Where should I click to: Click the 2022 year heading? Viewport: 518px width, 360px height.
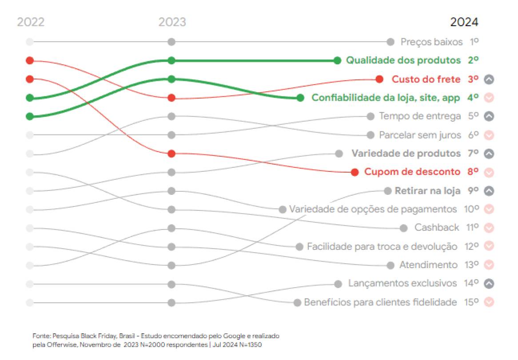click(x=31, y=22)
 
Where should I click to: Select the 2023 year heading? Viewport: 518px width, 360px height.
click(x=172, y=22)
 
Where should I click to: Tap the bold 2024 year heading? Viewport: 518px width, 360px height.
click(x=464, y=22)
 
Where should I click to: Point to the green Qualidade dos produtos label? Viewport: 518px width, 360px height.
click(x=403, y=60)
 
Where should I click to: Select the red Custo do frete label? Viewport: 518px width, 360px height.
click(x=426, y=79)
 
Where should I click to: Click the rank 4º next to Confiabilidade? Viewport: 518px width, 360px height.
click(x=473, y=98)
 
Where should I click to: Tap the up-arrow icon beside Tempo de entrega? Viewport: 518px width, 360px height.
click(x=489, y=116)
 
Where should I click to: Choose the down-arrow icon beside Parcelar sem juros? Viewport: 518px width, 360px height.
click(x=489, y=135)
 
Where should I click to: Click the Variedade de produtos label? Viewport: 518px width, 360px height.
click(x=406, y=154)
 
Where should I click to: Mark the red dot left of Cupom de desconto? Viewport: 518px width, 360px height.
click(x=355, y=172)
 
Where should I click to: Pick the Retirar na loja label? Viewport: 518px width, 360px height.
click(x=427, y=191)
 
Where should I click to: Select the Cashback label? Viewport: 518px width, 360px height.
click(x=437, y=228)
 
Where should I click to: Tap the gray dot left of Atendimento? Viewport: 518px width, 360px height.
click(x=390, y=265)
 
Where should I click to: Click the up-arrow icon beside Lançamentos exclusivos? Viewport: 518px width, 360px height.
click(x=489, y=284)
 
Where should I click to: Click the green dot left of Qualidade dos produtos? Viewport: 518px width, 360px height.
click(x=337, y=60)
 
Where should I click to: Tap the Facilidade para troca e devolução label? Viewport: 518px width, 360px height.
click(x=382, y=246)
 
